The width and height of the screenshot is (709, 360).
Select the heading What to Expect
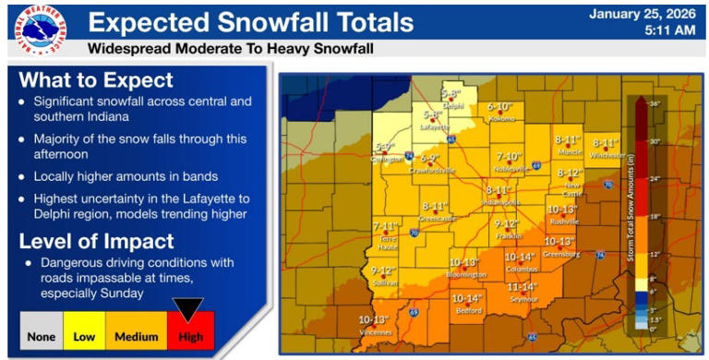(95, 79)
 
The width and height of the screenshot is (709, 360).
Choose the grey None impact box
(42, 336)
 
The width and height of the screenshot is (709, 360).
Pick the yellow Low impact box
(84, 336)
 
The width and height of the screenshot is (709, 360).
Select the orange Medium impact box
(136, 336)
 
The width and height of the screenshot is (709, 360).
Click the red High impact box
(190, 336)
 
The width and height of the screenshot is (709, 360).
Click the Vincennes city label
(376, 331)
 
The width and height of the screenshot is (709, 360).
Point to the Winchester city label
(607, 155)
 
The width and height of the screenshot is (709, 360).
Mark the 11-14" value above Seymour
(523, 287)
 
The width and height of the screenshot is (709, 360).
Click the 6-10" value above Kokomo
(499, 107)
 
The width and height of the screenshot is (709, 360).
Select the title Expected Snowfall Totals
(250, 21)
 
